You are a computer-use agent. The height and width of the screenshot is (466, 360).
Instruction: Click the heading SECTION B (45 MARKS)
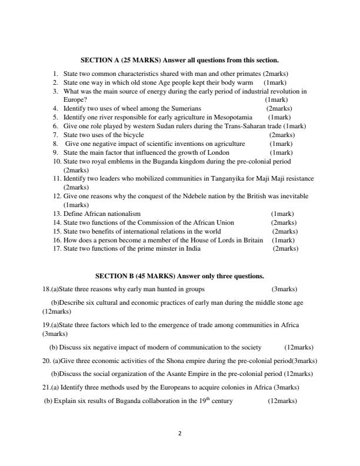(x=135, y=276)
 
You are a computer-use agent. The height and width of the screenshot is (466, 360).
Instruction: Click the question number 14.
(x=57, y=222)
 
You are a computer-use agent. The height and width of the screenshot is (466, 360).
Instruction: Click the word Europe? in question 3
(x=75, y=100)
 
